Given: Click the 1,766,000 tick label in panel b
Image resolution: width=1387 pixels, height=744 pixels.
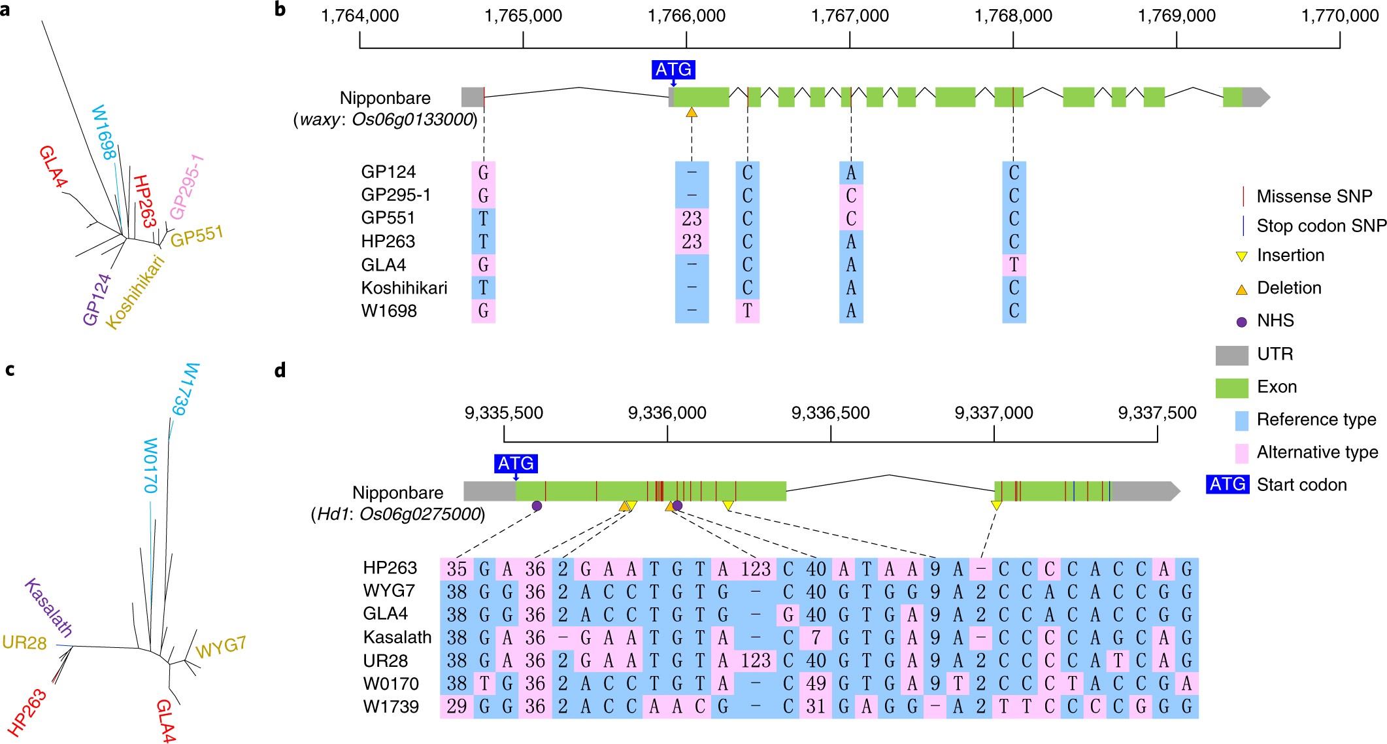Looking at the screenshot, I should click(x=686, y=16).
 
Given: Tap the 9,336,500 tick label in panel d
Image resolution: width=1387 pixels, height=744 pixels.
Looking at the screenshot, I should click(x=830, y=413).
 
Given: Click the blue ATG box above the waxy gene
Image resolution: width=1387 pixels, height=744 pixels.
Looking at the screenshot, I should click(x=673, y=69).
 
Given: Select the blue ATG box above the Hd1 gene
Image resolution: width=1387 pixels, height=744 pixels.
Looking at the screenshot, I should click(x=516, y=464).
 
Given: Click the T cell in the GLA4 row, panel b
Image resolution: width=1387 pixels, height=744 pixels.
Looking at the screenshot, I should click(x=1014, y=265).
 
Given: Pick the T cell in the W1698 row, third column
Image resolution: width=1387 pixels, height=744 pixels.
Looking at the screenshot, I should click(x=747, y=311).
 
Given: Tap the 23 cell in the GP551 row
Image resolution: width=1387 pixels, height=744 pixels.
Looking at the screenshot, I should click(x=692, y=218).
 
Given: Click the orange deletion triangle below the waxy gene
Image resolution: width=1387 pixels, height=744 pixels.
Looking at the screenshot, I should click(x=692, y=113).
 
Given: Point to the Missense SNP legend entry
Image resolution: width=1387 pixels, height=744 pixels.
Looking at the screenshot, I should click(x=1314, y=196).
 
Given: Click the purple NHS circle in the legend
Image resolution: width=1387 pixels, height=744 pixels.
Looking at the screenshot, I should click(x=1241, y=322).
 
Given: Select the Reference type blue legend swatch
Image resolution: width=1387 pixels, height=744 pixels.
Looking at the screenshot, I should click(x=1241, y=420).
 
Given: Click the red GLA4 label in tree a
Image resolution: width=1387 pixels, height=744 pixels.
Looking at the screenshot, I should click(x=52, y=167).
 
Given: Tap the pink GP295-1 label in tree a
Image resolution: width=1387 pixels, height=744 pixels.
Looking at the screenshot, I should click(x=187, y=187).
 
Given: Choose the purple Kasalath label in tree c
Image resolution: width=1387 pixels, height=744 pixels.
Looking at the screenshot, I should click(x=48, y=608).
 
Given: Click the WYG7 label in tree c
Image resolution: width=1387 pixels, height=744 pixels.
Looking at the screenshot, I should click(x=221, y=647).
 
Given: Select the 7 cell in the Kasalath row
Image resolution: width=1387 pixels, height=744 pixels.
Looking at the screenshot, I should click(x=815, y=637).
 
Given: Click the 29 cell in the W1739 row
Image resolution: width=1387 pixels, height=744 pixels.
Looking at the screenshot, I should click(x=456, y=707).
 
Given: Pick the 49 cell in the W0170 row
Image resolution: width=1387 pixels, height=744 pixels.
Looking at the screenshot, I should click(x=815, y=684).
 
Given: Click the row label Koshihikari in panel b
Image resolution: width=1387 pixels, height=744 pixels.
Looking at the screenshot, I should click(x=404, y=288).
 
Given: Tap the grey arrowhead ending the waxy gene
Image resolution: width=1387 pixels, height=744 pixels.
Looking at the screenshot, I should click(x=1263, y=97).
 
